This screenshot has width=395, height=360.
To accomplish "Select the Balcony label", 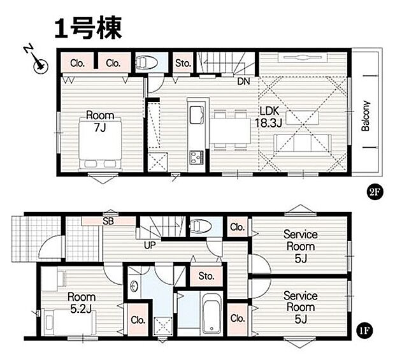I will pyautogui.click(x=366, y=117).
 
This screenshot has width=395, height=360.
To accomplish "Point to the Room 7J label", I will pyautogui.click(x=100, y=121).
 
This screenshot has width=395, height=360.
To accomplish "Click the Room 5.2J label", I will pyautogui.click(x=82, y=302).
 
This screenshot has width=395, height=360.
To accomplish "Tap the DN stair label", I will pyautogui.click(x=243, y=81).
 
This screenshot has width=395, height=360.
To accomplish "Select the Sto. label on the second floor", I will pyautogui.click(x=183, y=62).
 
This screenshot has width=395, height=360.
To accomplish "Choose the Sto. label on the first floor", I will pyautogui.click(x=206, y=277).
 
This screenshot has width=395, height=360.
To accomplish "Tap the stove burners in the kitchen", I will pyautogui.click(x=195, y=156).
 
